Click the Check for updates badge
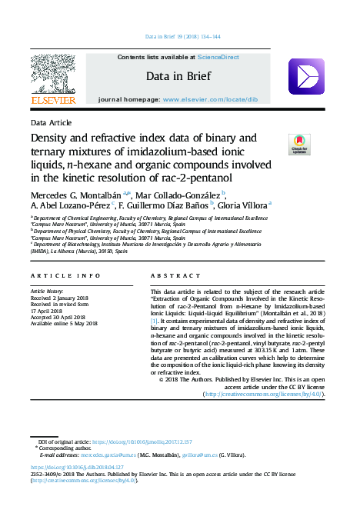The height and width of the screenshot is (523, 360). tap(298, 144)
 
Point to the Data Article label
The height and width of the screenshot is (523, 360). tap(52, 123)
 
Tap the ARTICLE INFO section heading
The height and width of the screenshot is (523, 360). tap(65, 275)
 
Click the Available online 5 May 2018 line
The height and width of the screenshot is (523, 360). tap(64, 323)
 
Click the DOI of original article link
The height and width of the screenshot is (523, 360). tap(142, 441)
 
